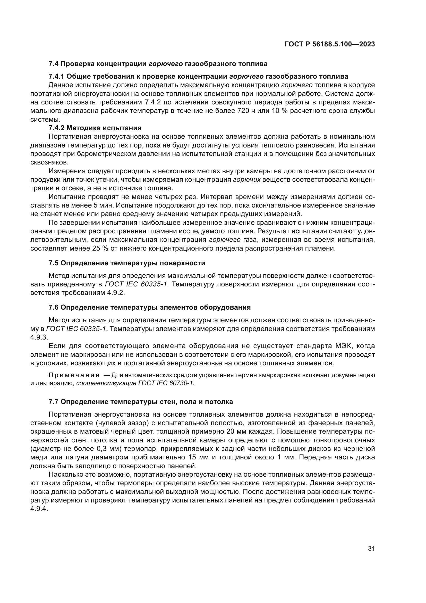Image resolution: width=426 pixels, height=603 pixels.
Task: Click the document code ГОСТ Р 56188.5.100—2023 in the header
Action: click(x=329, y=44)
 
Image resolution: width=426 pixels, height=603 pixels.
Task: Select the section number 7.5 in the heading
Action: click(x=54, y=263)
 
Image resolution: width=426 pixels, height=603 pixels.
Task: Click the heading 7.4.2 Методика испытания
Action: click(x=95, y=128)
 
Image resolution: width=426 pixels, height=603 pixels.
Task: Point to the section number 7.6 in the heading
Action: click(x=54, y=308)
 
